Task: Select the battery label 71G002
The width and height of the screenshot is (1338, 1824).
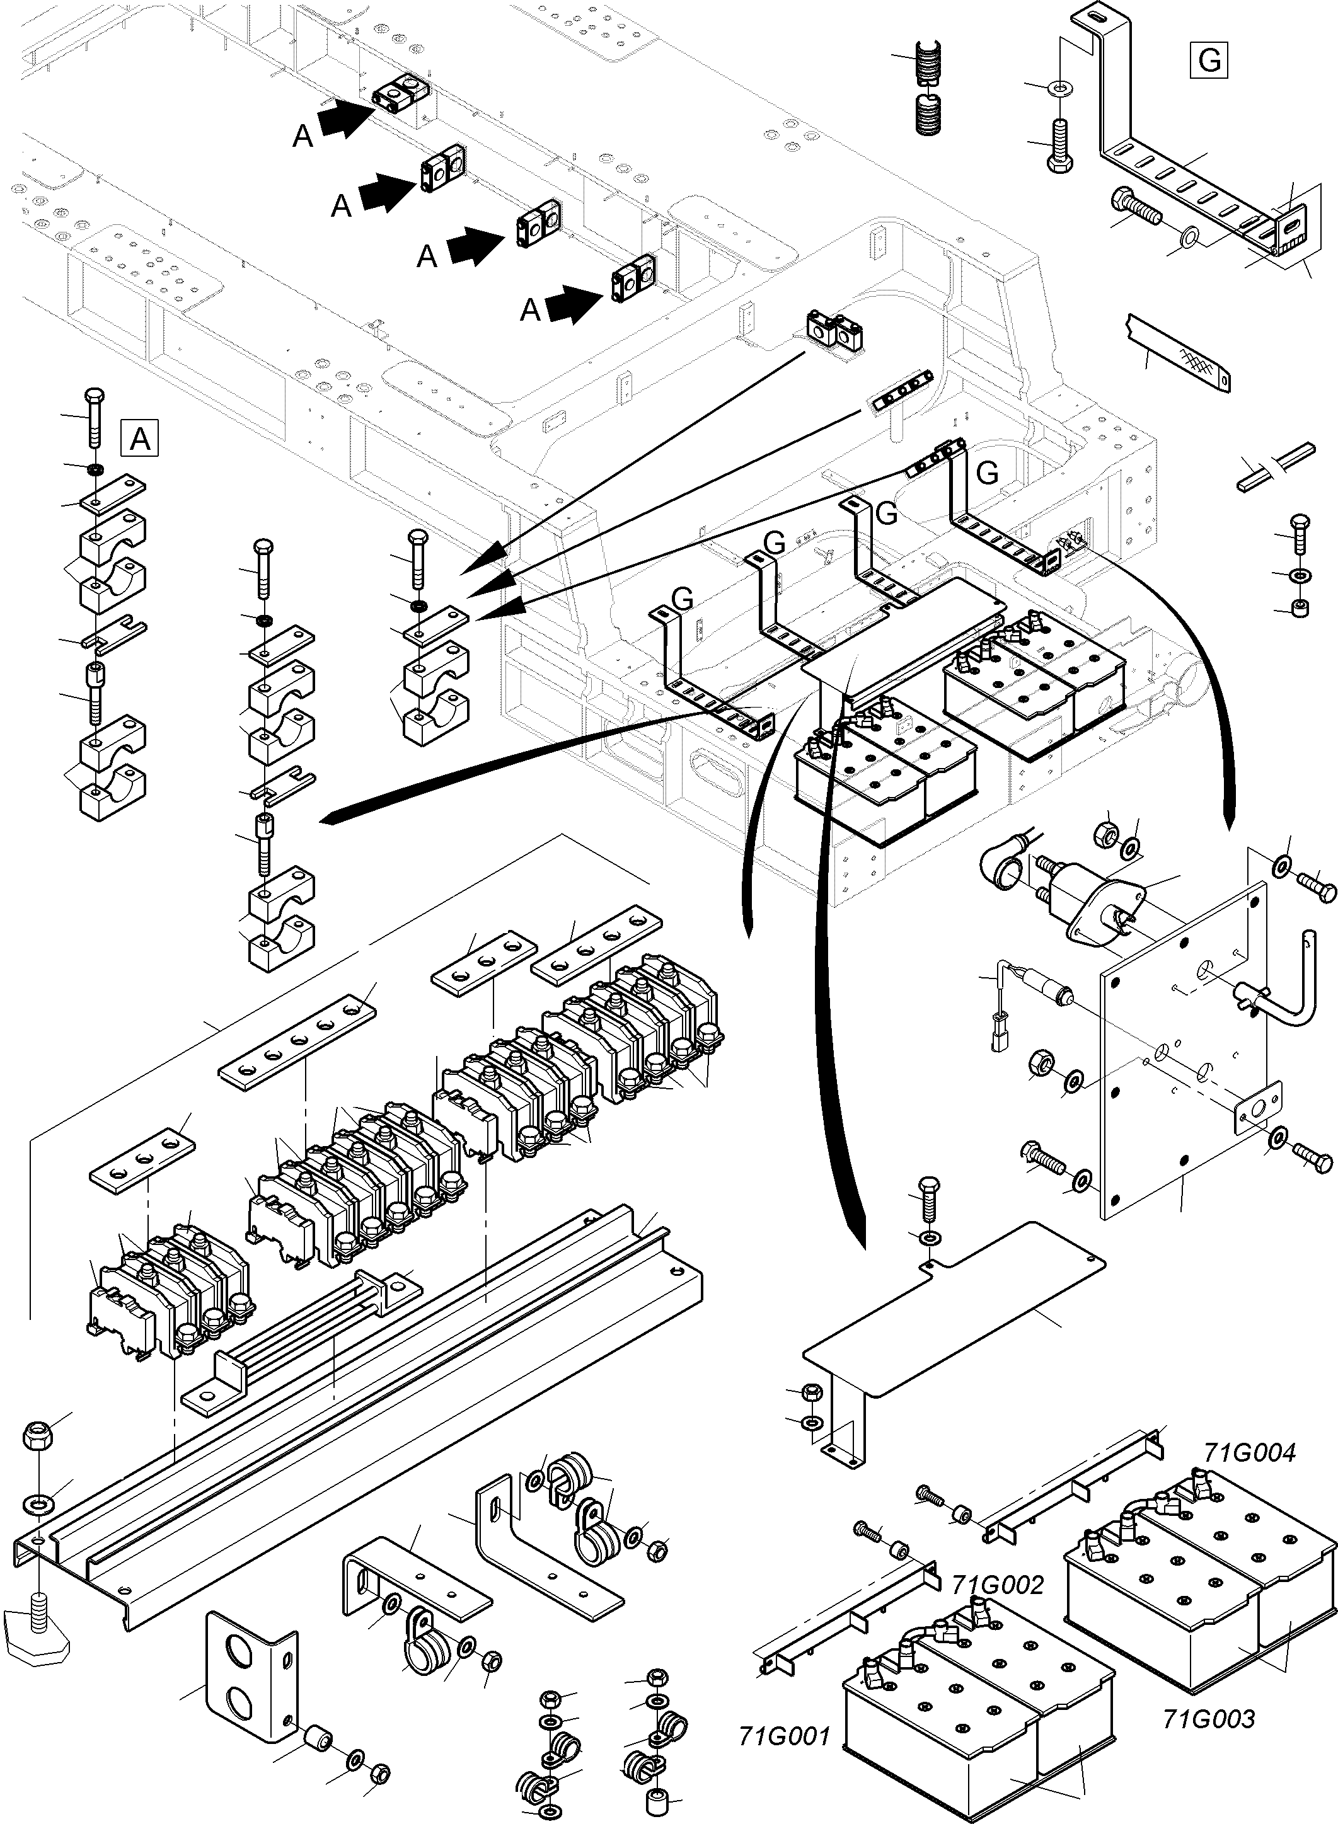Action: point(997,1585)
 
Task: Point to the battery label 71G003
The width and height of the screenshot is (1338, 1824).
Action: point(1208,1719)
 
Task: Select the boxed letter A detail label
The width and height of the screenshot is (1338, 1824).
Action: point(139,440)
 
